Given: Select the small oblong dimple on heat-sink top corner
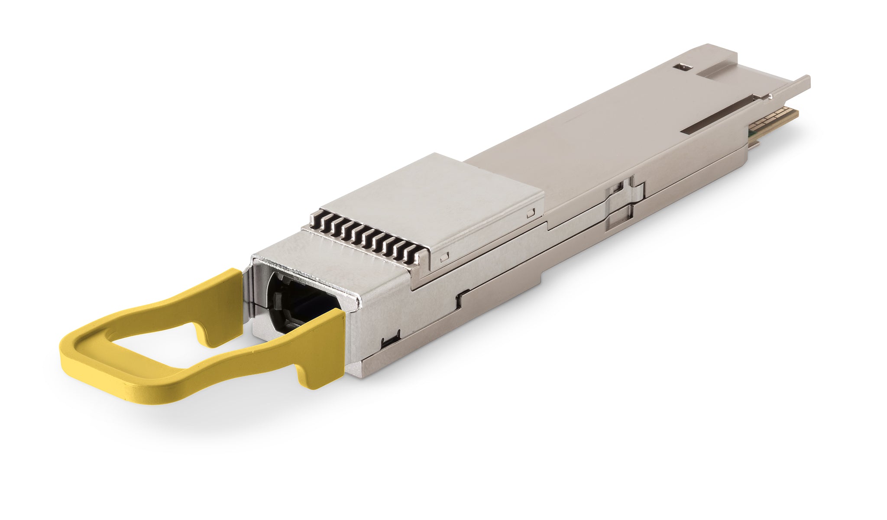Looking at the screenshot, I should tap(531, 213).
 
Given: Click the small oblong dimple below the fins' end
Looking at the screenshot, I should tap(442, 259).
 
